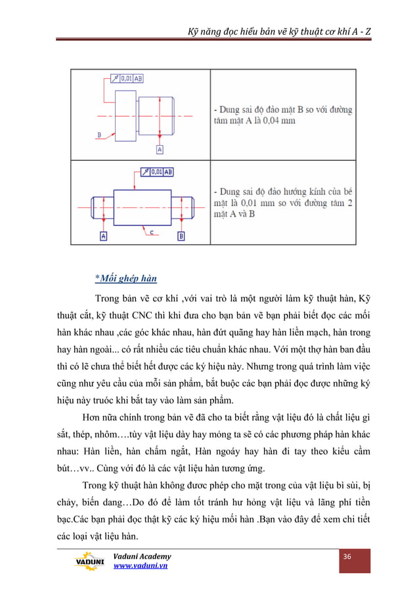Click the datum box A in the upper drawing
click(x=159, y=150)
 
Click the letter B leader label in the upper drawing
click(x=99, y=134)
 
